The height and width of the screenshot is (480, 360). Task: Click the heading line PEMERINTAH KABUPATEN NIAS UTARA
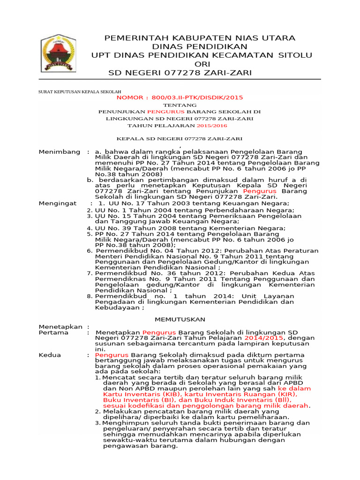coord(200,38)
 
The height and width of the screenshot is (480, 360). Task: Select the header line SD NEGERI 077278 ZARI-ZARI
coord(180,73)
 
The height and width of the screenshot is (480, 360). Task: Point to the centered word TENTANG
coord(180,105)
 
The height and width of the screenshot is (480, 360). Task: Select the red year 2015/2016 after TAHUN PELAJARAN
coord(211,126)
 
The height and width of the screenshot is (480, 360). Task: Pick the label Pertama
coord(53,332)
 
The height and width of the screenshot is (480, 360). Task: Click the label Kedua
coord(50,355)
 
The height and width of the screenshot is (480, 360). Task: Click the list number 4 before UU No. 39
coord(89,228)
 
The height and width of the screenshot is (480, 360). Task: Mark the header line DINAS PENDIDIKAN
coord(200,47)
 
